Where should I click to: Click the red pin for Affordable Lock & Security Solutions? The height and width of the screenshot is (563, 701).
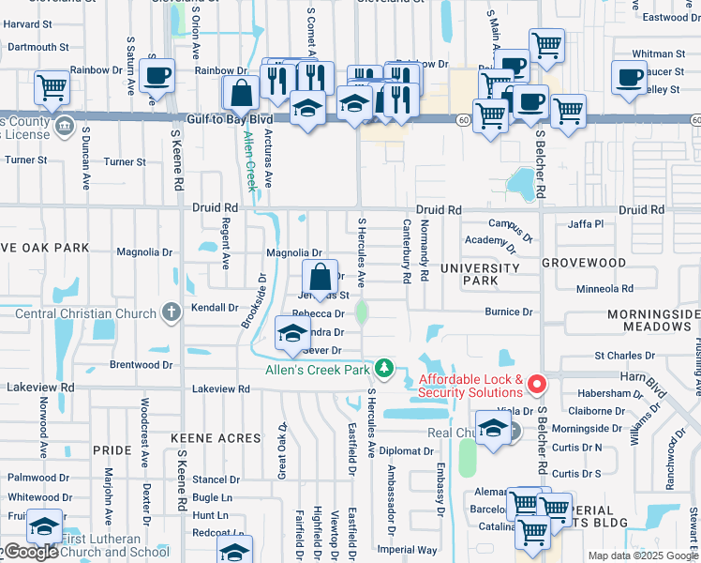click(x=537, y=384)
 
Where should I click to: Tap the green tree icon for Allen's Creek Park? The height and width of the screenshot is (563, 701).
click(x=383, y=366)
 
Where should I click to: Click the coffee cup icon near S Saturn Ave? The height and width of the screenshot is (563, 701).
click(x=157, y=74)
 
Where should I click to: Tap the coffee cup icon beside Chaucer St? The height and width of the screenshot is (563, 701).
click(x=629, y=76)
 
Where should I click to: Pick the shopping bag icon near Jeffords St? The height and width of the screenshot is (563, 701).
click(x=320, y=277)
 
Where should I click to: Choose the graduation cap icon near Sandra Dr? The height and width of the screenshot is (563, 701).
click(x=292, y=333)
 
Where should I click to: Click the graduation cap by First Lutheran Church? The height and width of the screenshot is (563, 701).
click(x=45, y=525)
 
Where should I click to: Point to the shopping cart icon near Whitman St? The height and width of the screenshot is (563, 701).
click(x=546, y=43)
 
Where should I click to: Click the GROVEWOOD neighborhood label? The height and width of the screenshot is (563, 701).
click(x=583, y=264)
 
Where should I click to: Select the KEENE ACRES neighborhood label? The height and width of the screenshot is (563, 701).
click(x=216, y=438)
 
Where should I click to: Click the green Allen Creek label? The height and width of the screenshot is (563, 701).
click(x=250, y=160)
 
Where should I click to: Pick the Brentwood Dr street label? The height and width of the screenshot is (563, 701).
click(x=142, y=364)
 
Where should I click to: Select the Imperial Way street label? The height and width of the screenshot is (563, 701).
click(x=408, y=550)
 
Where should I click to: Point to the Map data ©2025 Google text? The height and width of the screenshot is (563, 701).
click(x=642, y=555)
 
